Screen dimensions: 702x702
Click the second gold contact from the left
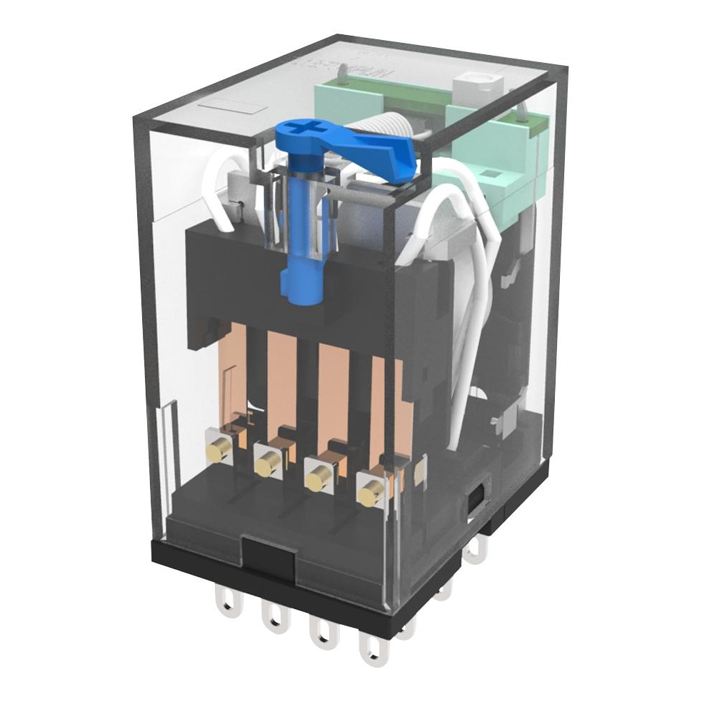[266, 465]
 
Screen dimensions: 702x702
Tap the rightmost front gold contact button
[371, 493]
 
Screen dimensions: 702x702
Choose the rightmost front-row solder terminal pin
[372, 648]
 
